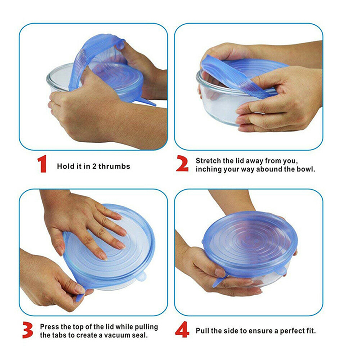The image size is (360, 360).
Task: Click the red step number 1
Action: coord(42,164)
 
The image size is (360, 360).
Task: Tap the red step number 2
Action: coord(183,163)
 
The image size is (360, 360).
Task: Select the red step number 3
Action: coord(28,330)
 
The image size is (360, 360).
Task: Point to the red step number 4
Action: coord(182,329)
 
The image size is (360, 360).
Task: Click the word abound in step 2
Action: coord(269,169)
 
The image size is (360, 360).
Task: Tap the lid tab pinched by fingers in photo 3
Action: coord(80,297)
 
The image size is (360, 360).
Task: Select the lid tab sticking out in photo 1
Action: coord(148,102)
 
